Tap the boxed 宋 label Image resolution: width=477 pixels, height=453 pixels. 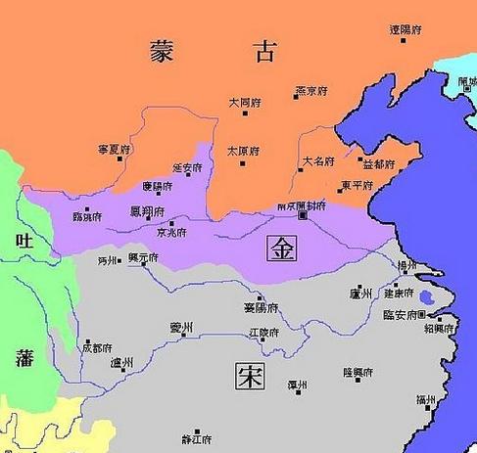250,375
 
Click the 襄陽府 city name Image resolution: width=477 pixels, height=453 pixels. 260,308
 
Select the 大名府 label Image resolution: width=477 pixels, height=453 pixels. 318,160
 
